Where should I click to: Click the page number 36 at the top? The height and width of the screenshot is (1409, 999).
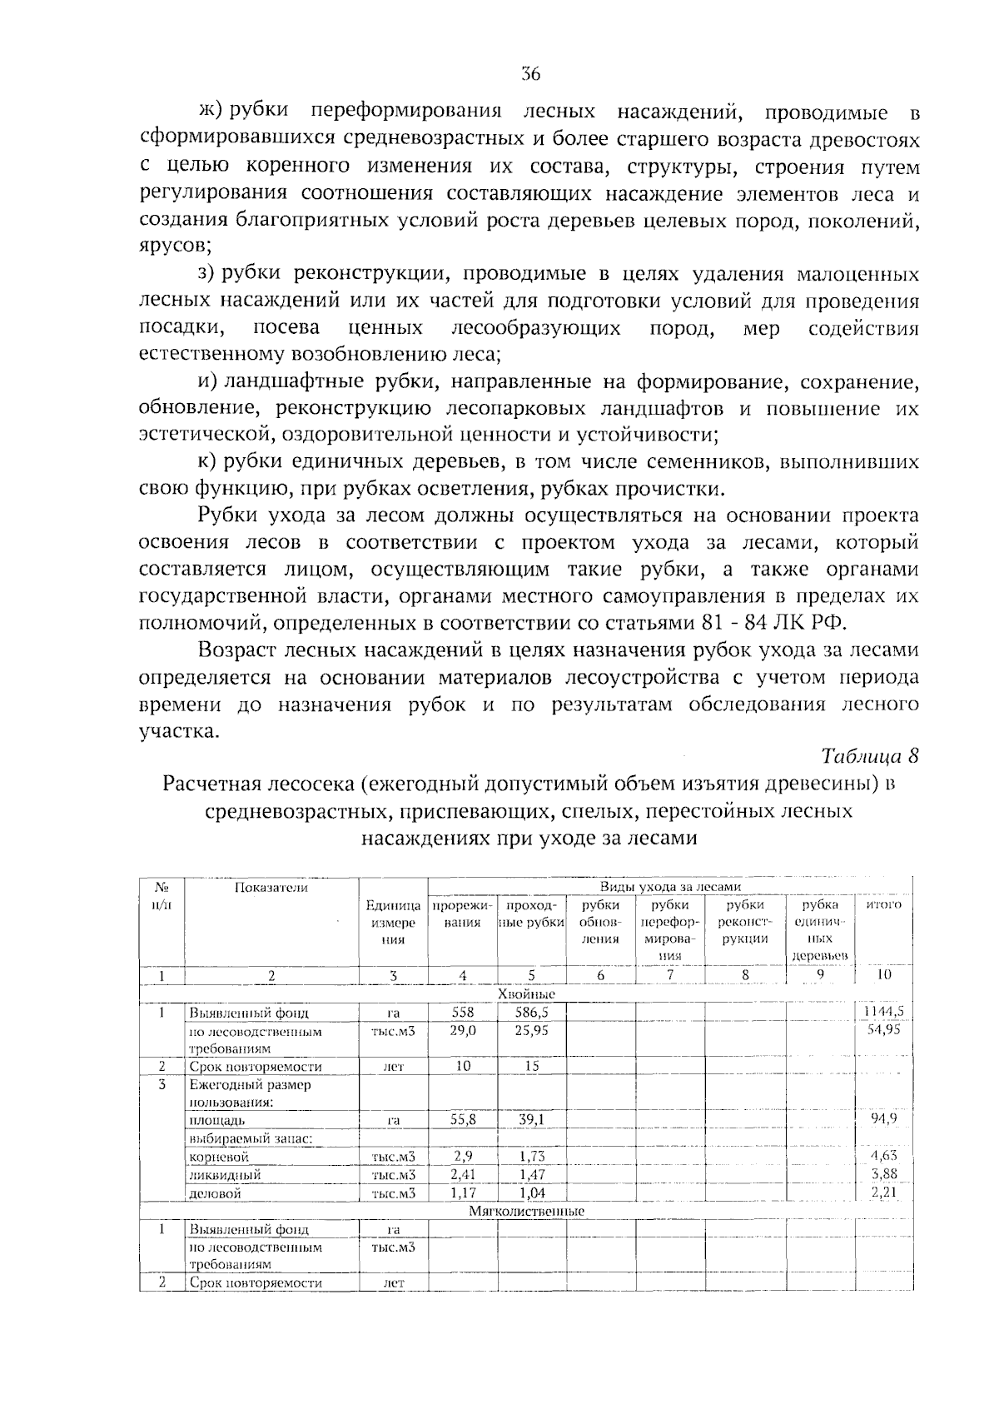(x=531, y=74)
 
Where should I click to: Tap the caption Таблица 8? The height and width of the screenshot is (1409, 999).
(x=870, y=756)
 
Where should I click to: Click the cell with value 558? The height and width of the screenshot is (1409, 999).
(x=462, y=1013)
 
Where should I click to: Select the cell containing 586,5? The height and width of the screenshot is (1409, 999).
(x=530, y=1013)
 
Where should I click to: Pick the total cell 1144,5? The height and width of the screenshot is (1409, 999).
(x=883, y=1012)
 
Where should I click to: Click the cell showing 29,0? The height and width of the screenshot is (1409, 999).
(x=462, y=1031)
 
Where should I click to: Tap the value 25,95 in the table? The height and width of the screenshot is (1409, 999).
(x=530, y=1031)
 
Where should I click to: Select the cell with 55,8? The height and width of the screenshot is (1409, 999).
(x=462, y=1120)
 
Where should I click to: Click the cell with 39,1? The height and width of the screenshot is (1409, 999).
(x=530, y=1120)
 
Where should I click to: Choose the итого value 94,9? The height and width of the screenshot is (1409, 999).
(x=884, y=1118)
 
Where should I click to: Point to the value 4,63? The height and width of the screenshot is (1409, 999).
(x=884, y=1156)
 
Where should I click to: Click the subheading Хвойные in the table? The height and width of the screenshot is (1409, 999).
(x=526, y=994)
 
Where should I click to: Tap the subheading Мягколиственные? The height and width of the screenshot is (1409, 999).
(x=526, y=1211)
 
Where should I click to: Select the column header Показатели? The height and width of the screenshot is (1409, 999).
(x=271, y=887)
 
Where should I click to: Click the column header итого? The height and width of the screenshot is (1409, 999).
(x=884, y=904)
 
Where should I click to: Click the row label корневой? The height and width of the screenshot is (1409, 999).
(x=219, y=1157)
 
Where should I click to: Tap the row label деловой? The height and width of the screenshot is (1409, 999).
(x=216, y=1193)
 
